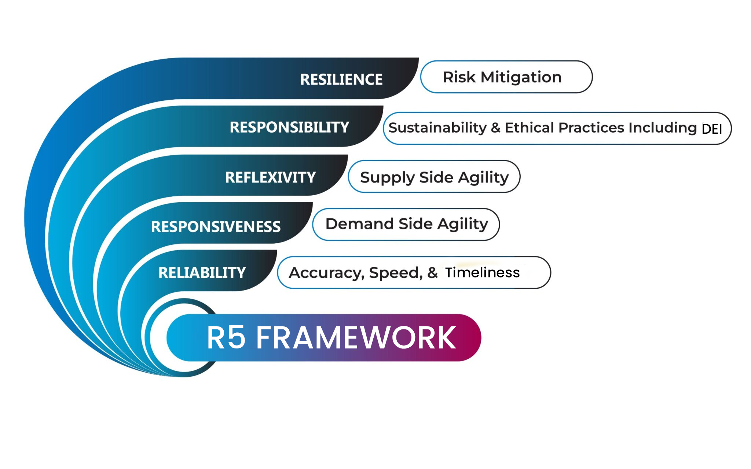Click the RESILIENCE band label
pos(341,80)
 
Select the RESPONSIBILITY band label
pos(289,128)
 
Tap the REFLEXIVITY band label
pos(270,177)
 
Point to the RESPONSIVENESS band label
pos(216,227)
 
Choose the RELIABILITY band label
pos(202,273)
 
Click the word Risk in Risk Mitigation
pos(459,77)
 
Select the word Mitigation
pos(521,77)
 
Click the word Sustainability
pos(437,128)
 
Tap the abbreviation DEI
pos(711,129)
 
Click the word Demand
pos(359,224)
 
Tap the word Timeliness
pos(482,273)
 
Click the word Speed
pos(395,273)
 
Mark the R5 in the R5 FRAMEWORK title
pos(226,337)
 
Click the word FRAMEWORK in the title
pos(356,337)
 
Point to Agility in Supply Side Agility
pos(483,178)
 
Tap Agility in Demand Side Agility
pos(463,224)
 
